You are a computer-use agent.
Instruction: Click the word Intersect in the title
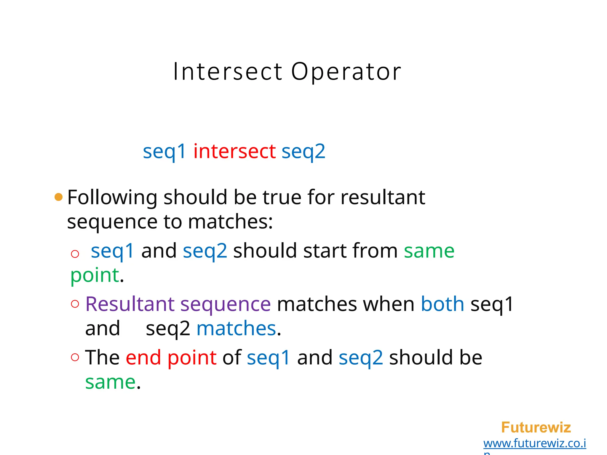[x=228, y=72]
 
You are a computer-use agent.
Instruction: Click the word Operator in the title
[x=346, y=72]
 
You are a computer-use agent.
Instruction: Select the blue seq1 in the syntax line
[x=164, y=152]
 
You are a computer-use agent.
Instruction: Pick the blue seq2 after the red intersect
[x=303, y=152]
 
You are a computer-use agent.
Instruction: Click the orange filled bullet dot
[x=59, y=197]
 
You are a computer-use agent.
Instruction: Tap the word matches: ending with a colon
[x=230, y=222]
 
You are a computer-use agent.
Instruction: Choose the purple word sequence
[x=226, y=304]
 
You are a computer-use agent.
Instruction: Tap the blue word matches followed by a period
[x=236, y=329]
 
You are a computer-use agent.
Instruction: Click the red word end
[x=143, y=358]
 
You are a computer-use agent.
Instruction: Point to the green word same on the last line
[x=110, y=382]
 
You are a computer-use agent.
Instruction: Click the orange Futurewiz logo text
[x=536, y=427]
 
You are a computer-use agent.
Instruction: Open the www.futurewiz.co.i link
[x=535, y=443]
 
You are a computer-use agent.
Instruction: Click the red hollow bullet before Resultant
[x=75, y=304]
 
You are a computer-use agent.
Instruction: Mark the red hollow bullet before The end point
[x=75, y=357]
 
